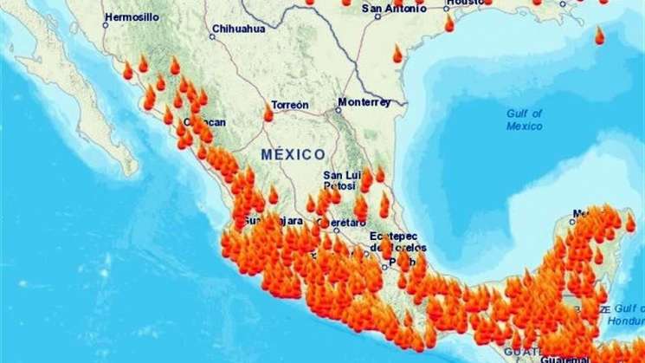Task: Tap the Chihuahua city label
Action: point(240,28)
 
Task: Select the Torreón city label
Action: point(290,104)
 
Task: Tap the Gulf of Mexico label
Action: point(525,119)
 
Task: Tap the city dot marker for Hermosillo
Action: point(106,24)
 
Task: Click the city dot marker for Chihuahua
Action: point(213,36)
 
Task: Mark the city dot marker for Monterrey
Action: point(339,109)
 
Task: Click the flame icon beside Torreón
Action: point(268,113)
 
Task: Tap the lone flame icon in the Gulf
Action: point(599,36)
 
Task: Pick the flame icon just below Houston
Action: point(449,23)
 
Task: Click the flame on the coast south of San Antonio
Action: point(397,54)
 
